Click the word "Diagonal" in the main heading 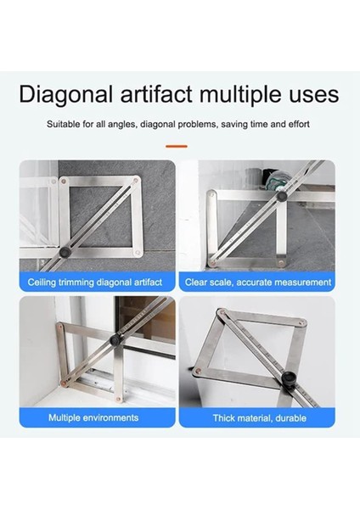pyautogui.click(x=67, y=93)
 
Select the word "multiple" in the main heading pyautogui.click(x=250, y=93)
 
